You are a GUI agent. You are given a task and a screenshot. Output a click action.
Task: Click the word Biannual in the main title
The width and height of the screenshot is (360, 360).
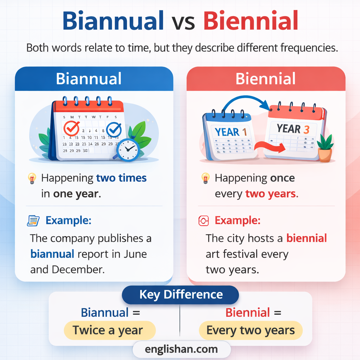[x=113, y=21]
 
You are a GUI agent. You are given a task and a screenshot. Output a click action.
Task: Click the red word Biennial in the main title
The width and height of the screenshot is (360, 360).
[x=251, y=21]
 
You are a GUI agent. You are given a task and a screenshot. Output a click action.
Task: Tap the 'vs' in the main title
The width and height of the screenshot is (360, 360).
[x=184, y=22]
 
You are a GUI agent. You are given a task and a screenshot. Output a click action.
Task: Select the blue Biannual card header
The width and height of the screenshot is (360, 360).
[x=94, y=79]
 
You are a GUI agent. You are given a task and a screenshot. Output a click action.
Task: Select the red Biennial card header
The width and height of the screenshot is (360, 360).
[x=266, y=79]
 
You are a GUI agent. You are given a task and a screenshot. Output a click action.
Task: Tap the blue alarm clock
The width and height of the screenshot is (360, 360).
[x=128, y=150]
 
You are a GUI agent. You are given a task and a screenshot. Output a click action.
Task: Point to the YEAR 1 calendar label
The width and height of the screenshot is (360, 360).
[x=230, y=132]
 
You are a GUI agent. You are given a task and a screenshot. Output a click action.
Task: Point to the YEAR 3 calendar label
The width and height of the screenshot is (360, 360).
[x=292, y=129]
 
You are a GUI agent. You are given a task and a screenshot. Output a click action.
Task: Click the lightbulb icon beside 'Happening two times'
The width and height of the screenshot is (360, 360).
[x=32, y=178]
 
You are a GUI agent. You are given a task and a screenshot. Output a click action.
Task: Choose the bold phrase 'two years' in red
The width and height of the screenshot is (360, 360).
[x=271, y=194]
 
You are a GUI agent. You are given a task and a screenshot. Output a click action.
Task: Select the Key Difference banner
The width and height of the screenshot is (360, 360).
[x=180, y=295]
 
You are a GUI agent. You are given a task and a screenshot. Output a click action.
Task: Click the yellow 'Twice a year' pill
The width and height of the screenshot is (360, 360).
[x=109, y=330]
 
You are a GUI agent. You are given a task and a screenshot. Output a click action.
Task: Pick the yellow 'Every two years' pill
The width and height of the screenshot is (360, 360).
[x=251, y=330]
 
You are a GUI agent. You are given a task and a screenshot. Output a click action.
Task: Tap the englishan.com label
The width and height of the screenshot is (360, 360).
[x=181, y=349]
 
